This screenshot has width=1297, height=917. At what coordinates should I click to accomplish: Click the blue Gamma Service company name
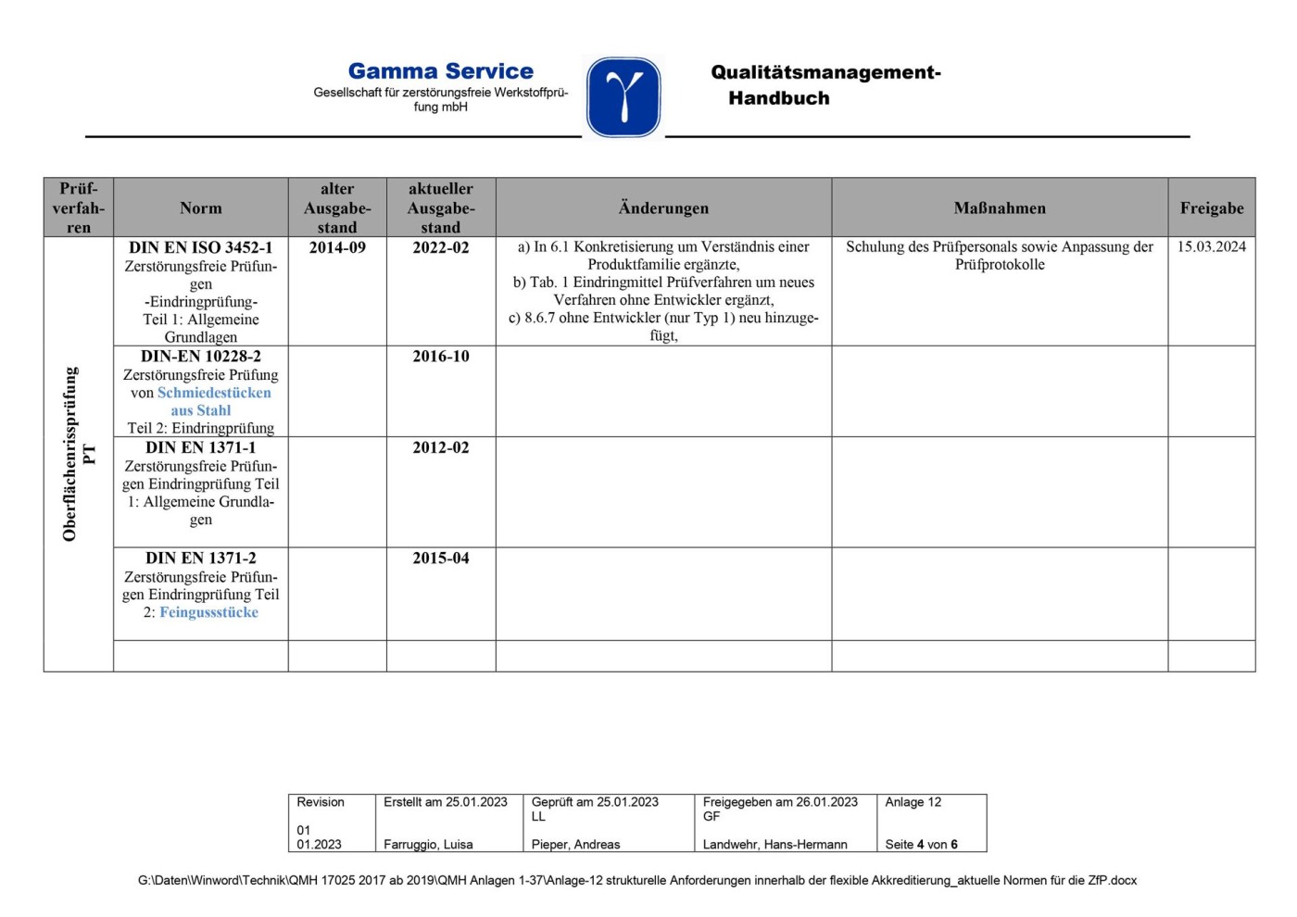click(440, 71)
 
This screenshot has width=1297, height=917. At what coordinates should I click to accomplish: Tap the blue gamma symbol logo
click(623, 97)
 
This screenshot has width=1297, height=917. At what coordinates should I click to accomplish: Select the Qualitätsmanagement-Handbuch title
click(825, 85)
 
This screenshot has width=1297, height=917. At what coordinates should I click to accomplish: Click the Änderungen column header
click(663, 208)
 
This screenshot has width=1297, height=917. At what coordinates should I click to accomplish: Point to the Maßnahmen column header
click(1000, 208)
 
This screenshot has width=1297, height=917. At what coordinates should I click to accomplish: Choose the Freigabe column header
click(1211, 208)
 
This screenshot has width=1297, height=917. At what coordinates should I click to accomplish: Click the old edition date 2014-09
click(337, 247)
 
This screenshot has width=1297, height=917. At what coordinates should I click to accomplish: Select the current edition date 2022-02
click(441, 247)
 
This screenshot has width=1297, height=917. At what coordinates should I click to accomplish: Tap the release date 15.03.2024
click(1211, 246)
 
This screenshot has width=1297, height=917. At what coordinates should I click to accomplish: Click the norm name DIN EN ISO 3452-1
click(201, 247)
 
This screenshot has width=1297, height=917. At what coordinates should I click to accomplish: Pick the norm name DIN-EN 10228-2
click(201, 356)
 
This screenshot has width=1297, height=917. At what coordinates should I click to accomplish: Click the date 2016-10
click(441, 356)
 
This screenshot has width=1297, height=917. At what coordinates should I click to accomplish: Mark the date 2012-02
click(441, 447)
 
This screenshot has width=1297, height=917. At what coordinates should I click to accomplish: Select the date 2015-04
click(441, 558)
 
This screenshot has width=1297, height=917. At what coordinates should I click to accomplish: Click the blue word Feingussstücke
click(208, 612)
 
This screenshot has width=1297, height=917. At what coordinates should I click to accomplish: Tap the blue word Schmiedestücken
click(214, 393)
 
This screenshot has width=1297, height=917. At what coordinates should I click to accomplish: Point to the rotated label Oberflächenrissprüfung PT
click(79, 454)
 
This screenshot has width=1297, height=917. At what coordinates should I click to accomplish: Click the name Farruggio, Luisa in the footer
click(428, 844)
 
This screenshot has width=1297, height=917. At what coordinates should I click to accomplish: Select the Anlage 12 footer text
click(913, 802)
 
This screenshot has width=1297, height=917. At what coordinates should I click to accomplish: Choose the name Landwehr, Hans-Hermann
click(774, 844)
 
